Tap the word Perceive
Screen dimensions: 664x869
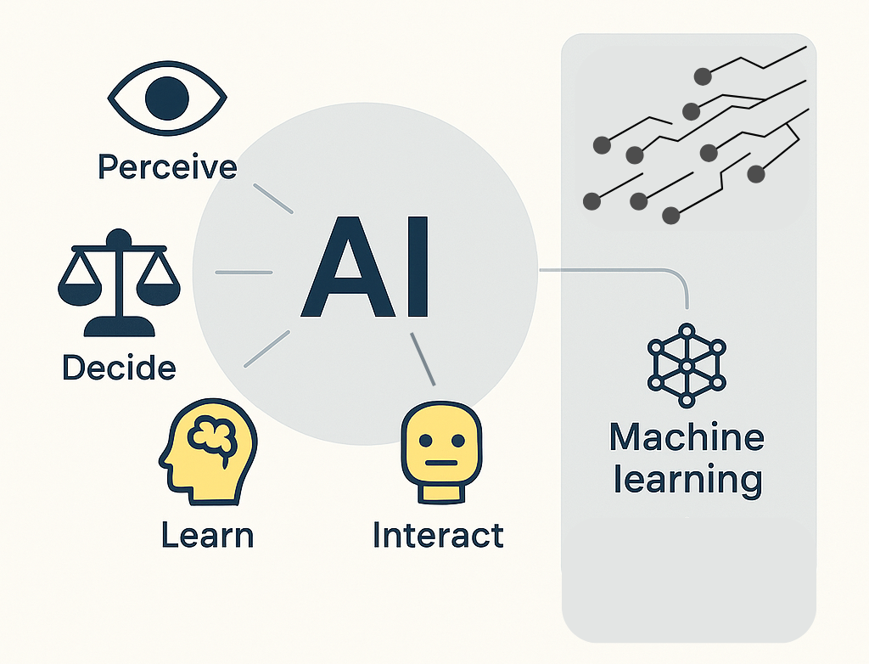coord(167,166)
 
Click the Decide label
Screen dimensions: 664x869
coord(119,368)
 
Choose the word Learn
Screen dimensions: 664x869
coord(207,536)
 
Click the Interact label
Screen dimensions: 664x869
coord(438,536)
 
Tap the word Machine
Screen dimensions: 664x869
coord(687,438)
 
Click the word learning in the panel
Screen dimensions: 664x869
coord(687,479)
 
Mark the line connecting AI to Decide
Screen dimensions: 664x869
coord(244,273)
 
